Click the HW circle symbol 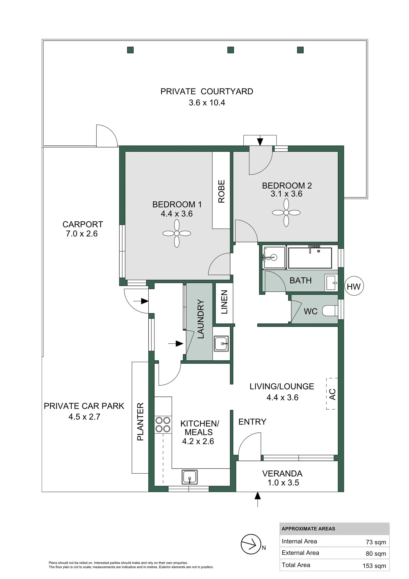(353, 286)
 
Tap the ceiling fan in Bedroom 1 (177, 233)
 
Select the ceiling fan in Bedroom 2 (286, 213)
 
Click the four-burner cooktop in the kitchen (163, 425)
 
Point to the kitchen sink (189, 477)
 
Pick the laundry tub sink (221, 343)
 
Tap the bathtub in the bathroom (310, 258)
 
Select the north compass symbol (251, 544)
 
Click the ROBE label (221, 191)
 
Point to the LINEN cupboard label (224, 302)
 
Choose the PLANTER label (140, 421)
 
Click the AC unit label (332, 394)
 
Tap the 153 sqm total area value (374, 566)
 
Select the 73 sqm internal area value (376, 542)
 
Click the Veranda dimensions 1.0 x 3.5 (283, 482)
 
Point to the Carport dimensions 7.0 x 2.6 (82, 234)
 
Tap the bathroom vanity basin (331, 283)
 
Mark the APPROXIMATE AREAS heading (308, 529)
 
